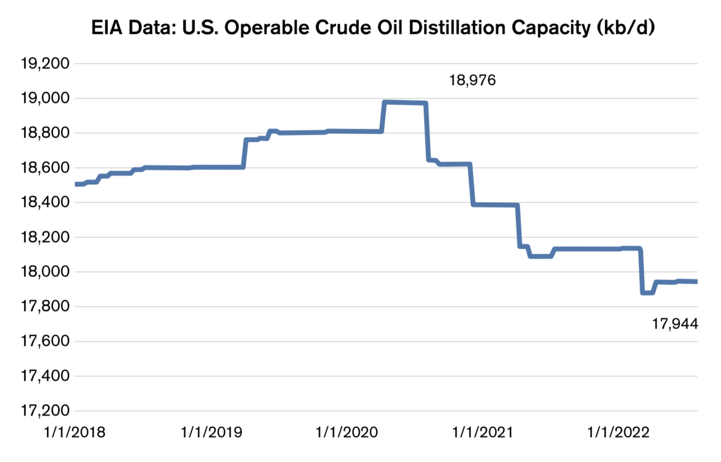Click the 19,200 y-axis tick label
pyautogui.click(x=45, y=64)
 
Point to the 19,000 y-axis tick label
pyautogui.click(x=45, y=98)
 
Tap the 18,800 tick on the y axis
pyautogui.click(x=45, y=133)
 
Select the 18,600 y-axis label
pyautogui.click(x=45, y=168)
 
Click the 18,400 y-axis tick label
pyautogui.click(x=45, y=203)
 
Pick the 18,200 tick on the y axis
pyautogui.click(x=45, y=237)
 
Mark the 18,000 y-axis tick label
pyautogui.click(x=45, y=272)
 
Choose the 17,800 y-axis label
pyautogui.click(x=45, y=306)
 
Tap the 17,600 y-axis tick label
pyautogui.click(x=45, y=341)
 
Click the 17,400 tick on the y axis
pyautogui.click(x=45, y=376)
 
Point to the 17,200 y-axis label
pyautogui.click(x=45, y=411)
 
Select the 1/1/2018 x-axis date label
pyautogui.click(x=75, y=432)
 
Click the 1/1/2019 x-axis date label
pyautogui.click(x=211, y=432)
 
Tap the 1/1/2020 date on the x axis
pyautogui.click(x=347, y=432)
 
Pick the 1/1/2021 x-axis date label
pyautogui.click(x=483, y=432)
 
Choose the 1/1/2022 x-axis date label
pyautogui.click(x=618, y=432)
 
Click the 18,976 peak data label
pyautogui.click(x=472, y=80)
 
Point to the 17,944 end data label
pyautogui.click(x=675, y=324)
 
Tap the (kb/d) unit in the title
pyautogui.click(x=626, y=27)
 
